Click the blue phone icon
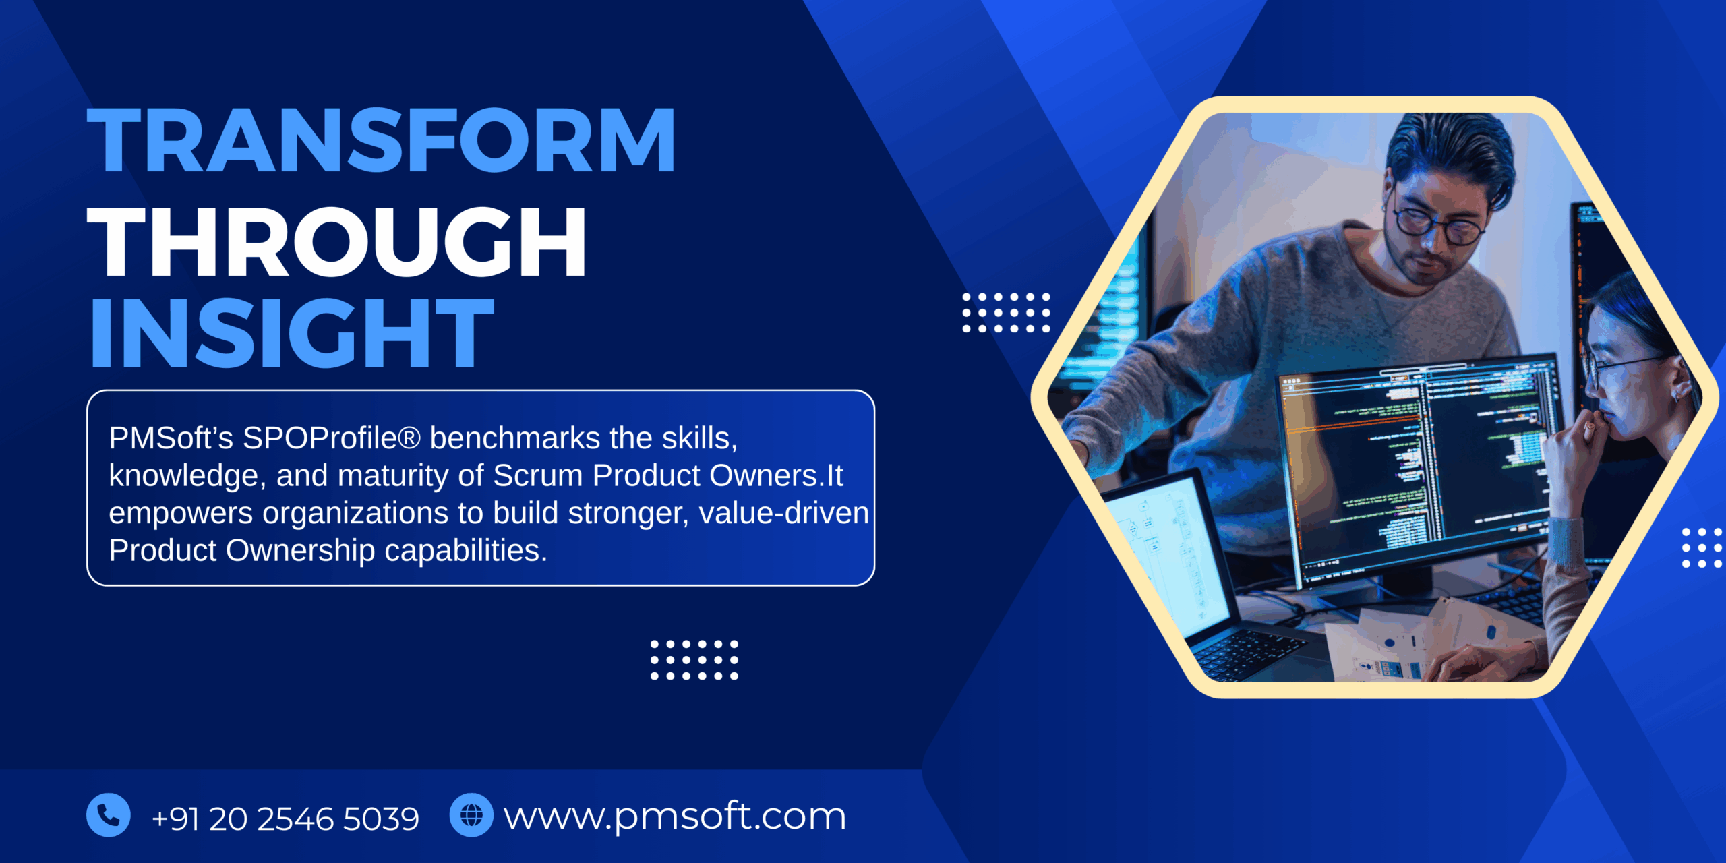pos(109,815)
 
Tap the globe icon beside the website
pos(471,815)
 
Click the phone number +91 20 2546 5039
pos(285,819)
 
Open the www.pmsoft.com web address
pos(675,816)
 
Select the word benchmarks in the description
pos(515,438)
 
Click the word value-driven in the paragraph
pos(783,513)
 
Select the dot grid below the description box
pos(694,660)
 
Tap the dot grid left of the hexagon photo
pos(1006,313)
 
